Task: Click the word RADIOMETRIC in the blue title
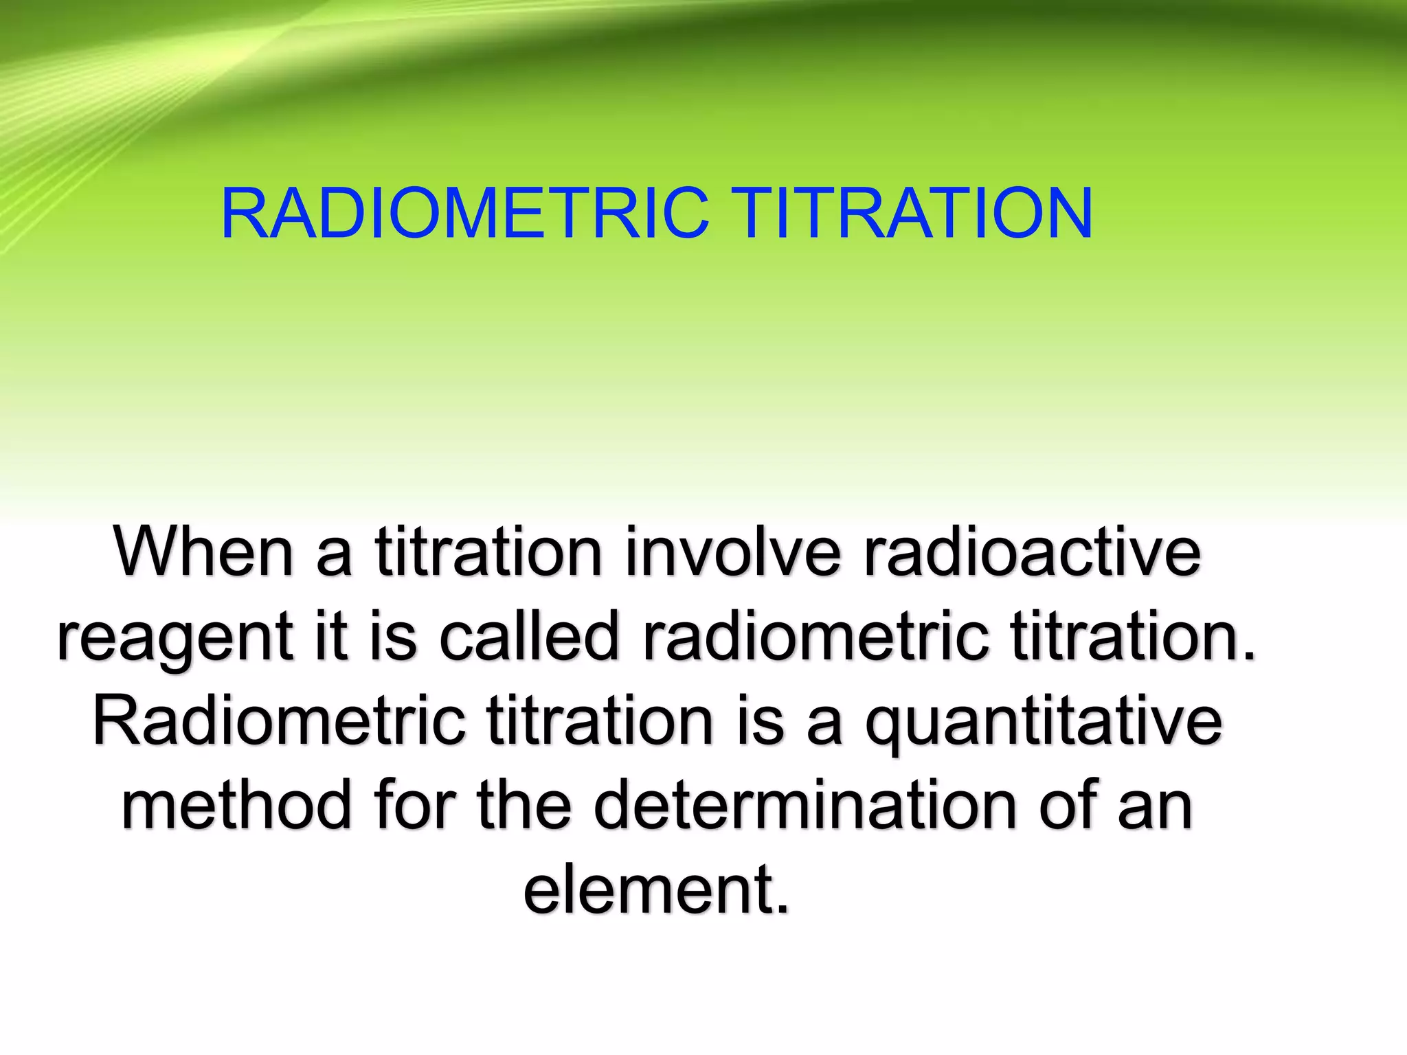[x=464, y=214]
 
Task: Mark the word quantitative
[x=1044, y=723]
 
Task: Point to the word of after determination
[x=1068, y=805]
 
